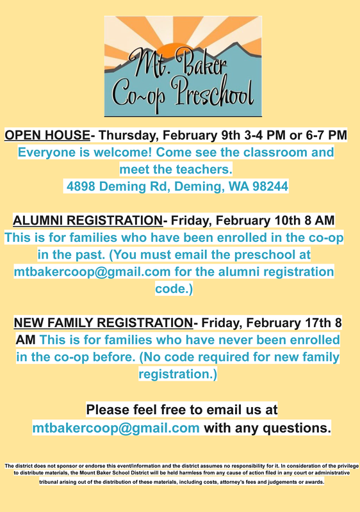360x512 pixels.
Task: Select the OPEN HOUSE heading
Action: [x=47, y=135]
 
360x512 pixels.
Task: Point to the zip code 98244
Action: [x=266, y=187]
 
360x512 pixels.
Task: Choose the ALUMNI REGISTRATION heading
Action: [x=87, y=221]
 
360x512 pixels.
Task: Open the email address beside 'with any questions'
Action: [x=116, y=427]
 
